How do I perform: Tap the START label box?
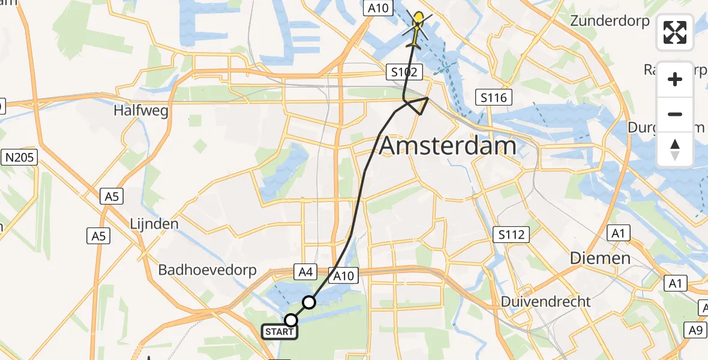click(280, 332)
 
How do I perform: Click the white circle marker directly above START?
click(291, 320)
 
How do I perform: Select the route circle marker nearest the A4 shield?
click(309, 302)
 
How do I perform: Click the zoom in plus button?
click(675, 79)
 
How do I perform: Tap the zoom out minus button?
click(675, 114)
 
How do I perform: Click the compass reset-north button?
click(675, 149)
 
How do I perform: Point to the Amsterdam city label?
click(448, 146)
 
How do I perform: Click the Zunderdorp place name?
click(610, 22)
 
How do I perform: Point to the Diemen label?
click(601, 259)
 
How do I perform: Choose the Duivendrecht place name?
click(546, 301)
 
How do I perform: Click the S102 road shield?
click(404, 73)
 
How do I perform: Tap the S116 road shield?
click(494, 97)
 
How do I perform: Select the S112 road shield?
click(510, 235)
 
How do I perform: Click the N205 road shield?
click(19, 158)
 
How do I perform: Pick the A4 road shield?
click(305, 273)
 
